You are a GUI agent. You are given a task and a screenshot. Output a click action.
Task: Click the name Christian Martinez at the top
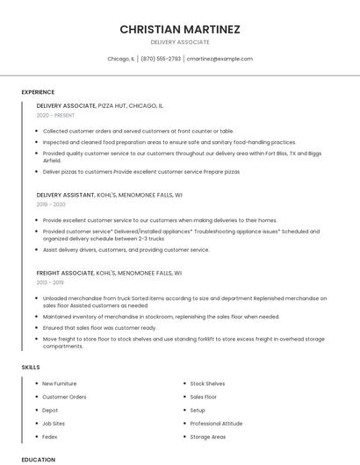pos(180,29)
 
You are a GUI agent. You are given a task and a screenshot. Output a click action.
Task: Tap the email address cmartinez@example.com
pos(220,59)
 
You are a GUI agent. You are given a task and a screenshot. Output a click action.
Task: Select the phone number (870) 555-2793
pos(161,59)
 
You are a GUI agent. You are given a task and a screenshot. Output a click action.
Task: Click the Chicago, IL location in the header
pos(120,59)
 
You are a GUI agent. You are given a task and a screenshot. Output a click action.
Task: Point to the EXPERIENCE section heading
pos(38,92)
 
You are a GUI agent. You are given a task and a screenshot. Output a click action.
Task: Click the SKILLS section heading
pos(31,367)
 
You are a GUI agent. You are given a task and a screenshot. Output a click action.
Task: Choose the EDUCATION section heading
pos(39,459)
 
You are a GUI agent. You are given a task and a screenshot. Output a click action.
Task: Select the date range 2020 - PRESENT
pos(55,115)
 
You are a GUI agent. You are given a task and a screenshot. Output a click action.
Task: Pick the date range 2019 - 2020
pos(51,204)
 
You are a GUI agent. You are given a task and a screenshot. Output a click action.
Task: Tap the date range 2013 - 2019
pos(50,283)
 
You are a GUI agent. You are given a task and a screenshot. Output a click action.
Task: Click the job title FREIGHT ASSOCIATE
pos(65,273)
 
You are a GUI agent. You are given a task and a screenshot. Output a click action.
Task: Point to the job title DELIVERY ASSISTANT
pos(66,194)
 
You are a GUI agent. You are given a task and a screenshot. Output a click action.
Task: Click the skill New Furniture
pos(60,383)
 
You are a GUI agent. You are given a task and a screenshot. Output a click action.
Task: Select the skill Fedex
pos(50,436)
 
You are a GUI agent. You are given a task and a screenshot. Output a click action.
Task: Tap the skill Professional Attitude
pos(216,423)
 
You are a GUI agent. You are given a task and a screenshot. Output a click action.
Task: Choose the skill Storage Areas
pos(208,436)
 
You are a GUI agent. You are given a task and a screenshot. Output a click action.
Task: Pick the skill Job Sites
pos(54,423)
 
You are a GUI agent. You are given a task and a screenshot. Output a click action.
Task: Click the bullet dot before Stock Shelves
pos(184,383)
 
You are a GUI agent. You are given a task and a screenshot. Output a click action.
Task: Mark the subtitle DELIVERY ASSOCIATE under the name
pos(180,42)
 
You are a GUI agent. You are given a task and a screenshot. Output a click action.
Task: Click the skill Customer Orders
pos(64,397)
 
